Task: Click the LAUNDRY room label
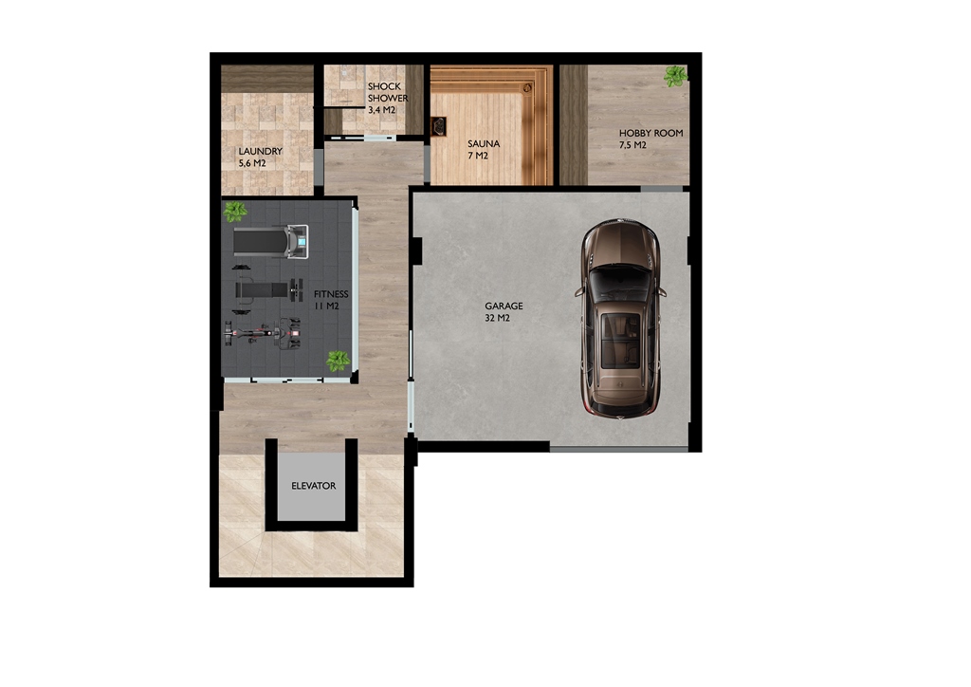click(x=260, y=151)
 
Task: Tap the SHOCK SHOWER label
click(x=388, y=92)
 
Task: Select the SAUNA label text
click(x=484, y=143)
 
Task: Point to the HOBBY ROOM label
click(x=650, y=133)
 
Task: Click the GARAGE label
click(x=504, y=306)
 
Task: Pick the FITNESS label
click(x=331, y=294)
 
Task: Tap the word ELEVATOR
click(x=313, y=486)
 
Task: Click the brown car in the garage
click(x=621, y=318)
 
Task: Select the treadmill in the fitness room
click(x=270, y=242)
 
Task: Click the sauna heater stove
click(x=439, y=126)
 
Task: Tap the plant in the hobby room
click(x=675, y=76)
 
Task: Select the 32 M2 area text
click(x=497, y=319)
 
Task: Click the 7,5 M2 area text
click(x=632, y=145)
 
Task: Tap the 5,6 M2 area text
click(x=252, y=163)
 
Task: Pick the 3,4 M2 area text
click(x=381, y=110)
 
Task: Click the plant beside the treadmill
click(x=235, y=212)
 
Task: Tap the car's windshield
click(x=620, y=281)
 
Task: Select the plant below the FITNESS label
click(x=339, y=362)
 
